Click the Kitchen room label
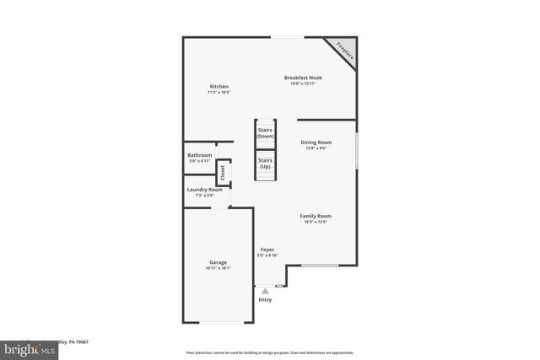click(x=219, y=87)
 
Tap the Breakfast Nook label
click(x=303, y=78)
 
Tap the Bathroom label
click(x=200, y=155)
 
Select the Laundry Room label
click(x=204, y=190)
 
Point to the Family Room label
click(x=316, y=216)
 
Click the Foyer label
click(x=267, y=250)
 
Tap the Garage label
click(x=218, y=262)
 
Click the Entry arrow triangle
click(x=265, y=291)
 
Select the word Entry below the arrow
click(x=265, y=299)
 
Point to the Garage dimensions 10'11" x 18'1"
click(x=218, y=268)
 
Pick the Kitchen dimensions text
click(x=219, y=92)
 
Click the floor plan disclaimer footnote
click(x=270, y=352)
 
